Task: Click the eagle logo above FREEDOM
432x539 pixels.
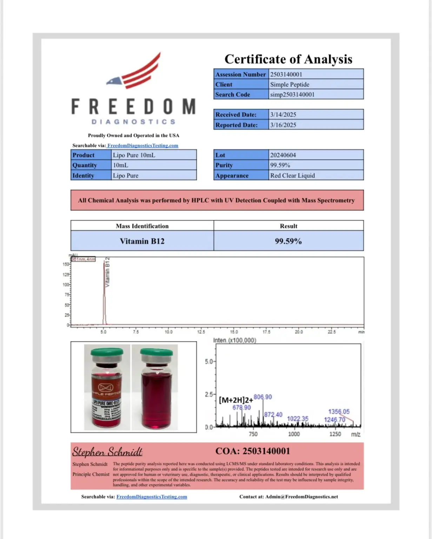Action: click(x=135, y=72)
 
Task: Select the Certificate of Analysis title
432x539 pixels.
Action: click(x=288, y=59)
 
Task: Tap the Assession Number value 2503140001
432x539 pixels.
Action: click(x=286, y=74)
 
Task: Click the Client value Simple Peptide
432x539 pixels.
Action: click(x=290, y=85)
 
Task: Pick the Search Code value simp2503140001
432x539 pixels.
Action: click(x=292, y=95)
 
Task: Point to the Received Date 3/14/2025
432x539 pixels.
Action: click(x=283, y=115)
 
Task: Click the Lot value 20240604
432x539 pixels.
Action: click(x=283, y=155)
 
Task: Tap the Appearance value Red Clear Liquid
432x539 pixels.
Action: click(x=292, y=175)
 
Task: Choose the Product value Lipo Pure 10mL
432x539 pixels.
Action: click(x=134, y=155)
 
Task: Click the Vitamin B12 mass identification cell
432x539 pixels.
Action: click(x=142, y=241)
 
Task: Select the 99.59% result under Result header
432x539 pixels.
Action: click(x=288, y=241)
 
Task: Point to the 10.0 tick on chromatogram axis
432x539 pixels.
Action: click(x=168, y=332)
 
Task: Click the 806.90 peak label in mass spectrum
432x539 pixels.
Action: click(x=262, y=397)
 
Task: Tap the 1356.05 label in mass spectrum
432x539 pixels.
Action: click(x=339, y=411)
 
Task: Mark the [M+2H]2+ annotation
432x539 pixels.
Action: click(x=235, y=400)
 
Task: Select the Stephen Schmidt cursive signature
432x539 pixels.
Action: click(x=107, y=452)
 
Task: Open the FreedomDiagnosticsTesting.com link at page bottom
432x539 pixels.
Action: click(x=152, y=497)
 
